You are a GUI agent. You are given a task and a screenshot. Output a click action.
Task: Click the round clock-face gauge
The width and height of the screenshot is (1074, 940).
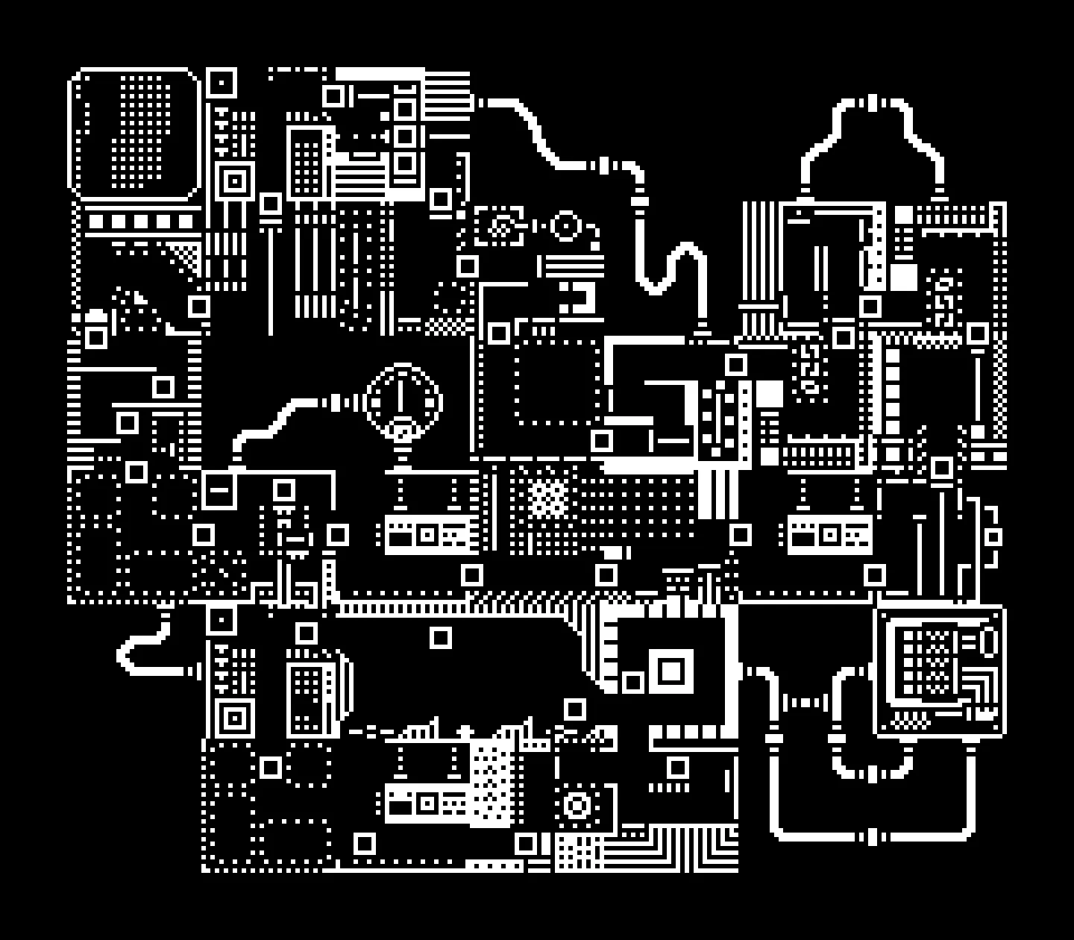403,401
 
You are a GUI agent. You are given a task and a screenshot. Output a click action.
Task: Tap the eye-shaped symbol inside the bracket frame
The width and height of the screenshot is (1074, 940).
501,225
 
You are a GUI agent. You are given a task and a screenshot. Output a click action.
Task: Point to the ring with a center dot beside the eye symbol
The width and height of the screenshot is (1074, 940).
565,225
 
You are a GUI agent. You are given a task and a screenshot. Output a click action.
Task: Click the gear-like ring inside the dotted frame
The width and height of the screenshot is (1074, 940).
577,806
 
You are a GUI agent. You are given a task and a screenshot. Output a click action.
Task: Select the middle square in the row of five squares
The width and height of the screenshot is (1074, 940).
141,222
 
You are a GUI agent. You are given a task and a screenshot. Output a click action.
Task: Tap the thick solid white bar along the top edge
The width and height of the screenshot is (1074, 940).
380,74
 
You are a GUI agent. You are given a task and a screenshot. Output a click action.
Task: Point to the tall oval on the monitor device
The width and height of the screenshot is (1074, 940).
990,642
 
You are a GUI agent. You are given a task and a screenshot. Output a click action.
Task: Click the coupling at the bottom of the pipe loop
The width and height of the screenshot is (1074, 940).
872,836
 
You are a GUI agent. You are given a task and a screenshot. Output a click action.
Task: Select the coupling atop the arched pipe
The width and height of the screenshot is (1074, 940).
872,103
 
